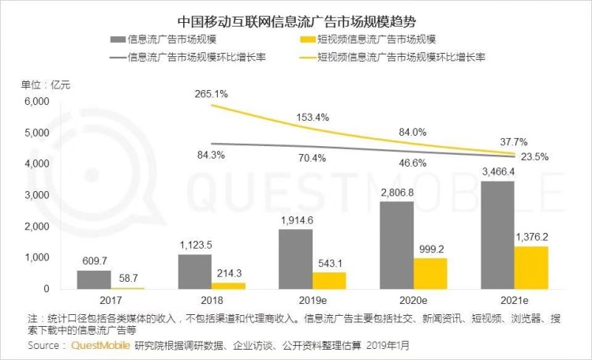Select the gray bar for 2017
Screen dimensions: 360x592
93,280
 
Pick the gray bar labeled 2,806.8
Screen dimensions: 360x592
396,246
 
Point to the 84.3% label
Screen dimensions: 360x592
210,155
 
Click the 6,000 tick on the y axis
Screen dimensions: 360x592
37,102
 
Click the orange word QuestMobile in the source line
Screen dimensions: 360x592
101,345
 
